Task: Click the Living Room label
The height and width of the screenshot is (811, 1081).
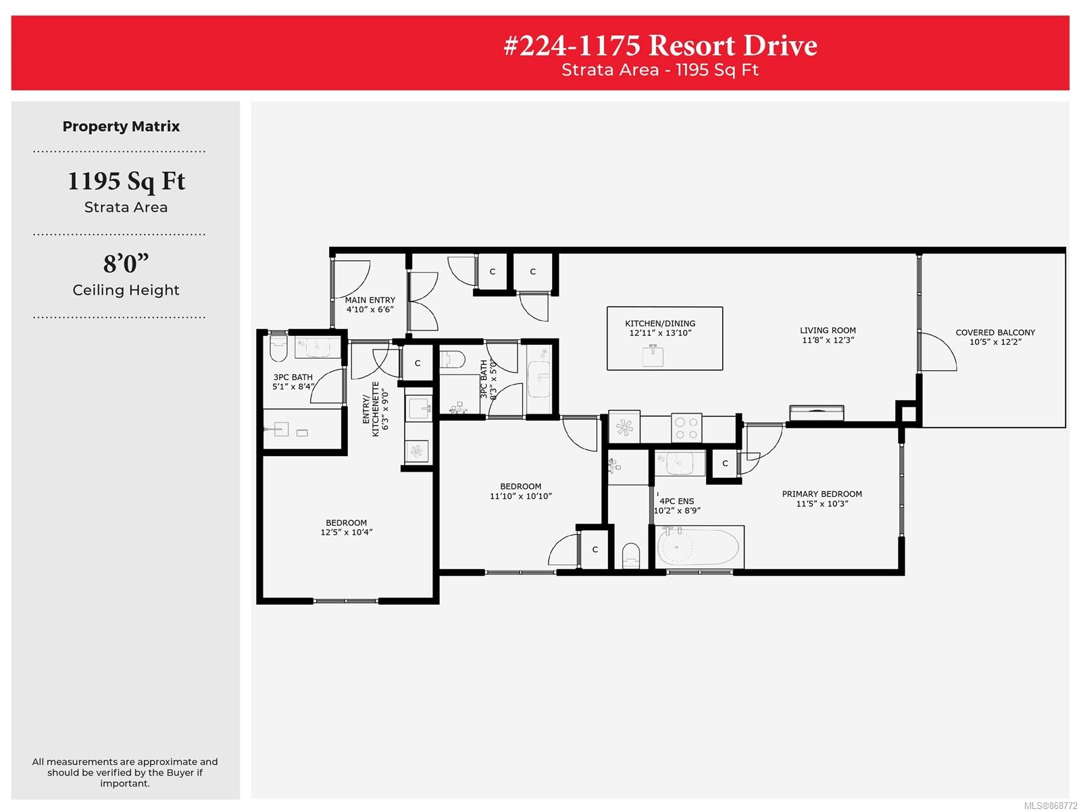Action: coord(828,330)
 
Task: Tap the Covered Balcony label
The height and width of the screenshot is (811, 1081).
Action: coord(995,333)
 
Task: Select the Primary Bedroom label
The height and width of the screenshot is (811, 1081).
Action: coord(822,494)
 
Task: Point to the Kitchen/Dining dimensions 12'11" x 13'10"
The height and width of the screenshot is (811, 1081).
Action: coord(660,333)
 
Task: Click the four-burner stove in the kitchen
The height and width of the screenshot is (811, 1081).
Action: coord(686,427)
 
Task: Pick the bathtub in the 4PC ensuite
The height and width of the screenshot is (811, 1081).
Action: coord(698,547)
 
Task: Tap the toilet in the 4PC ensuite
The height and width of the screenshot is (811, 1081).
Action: coord(630,556)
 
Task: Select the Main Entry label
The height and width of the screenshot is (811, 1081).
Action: coord(370,300)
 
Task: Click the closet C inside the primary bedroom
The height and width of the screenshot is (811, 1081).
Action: coord(724,464)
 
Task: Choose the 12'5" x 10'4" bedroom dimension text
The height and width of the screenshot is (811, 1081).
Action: coord(346,532)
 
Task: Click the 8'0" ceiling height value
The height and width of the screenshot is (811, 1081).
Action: coord(126,264)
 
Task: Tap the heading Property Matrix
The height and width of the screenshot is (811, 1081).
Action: coord(121,126)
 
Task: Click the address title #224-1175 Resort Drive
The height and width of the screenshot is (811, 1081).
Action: coord(660,45)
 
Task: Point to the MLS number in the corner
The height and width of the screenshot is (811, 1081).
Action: coord(1051,806)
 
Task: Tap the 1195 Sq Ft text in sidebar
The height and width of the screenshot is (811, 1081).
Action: coord(126,180)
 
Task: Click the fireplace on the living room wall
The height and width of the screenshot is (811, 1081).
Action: coord(817,413)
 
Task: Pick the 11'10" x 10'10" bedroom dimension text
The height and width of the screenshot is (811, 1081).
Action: coord(520,496)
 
